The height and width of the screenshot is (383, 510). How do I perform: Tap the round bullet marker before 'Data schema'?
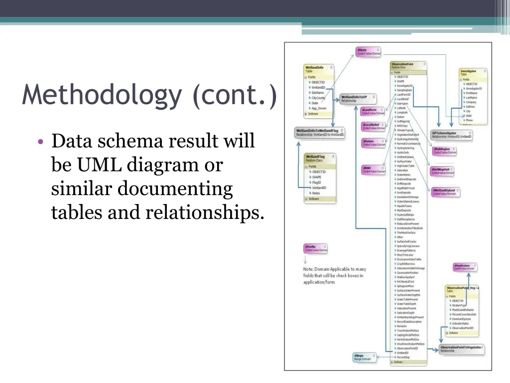41,142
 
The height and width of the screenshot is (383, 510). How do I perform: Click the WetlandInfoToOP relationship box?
358,98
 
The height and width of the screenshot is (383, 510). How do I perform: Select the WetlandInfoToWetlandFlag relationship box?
320,133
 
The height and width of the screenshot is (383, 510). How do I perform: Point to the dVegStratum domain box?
465,267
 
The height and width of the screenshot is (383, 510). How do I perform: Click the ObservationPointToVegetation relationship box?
461,349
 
